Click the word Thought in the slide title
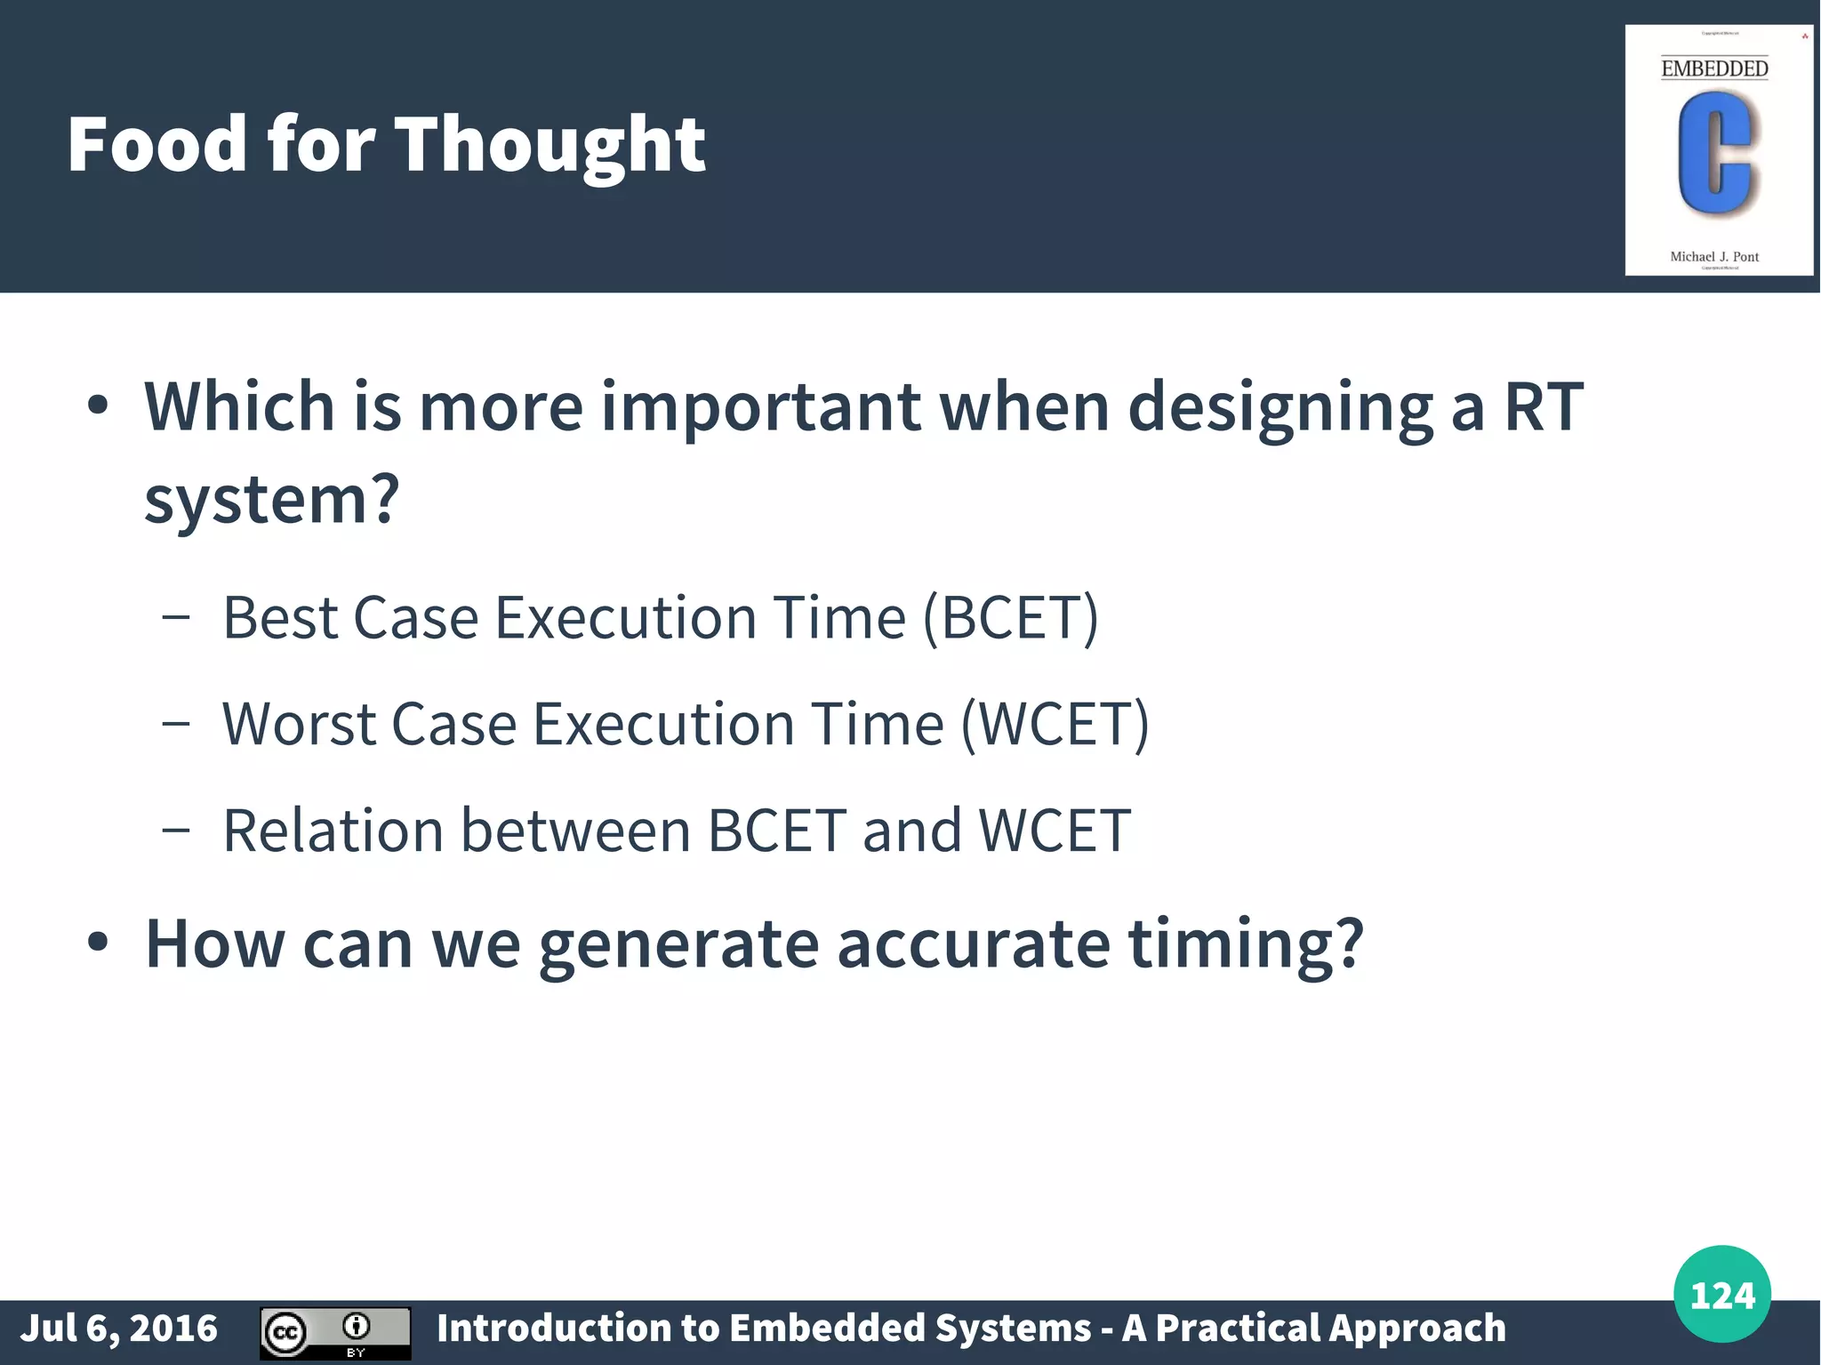tap(550, 144)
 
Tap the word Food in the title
tap(156, 144)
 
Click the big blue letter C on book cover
tap(1715, 153)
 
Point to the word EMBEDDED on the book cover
tap(1714, 68)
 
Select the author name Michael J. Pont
tap(1714, 257)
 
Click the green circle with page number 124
tap(1721, 1294)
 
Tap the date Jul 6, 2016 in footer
tap(118, 1329)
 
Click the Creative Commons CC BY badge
tap(335, 1332)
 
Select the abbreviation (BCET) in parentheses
tap(1011, 617)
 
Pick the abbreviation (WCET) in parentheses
tap(1055, 724)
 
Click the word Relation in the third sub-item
tap(333, 831)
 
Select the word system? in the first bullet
tap(272, 500)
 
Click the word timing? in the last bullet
tap(1245, 944)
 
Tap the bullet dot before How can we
tap(98, 943)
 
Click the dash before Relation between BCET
tap(176, 831)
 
